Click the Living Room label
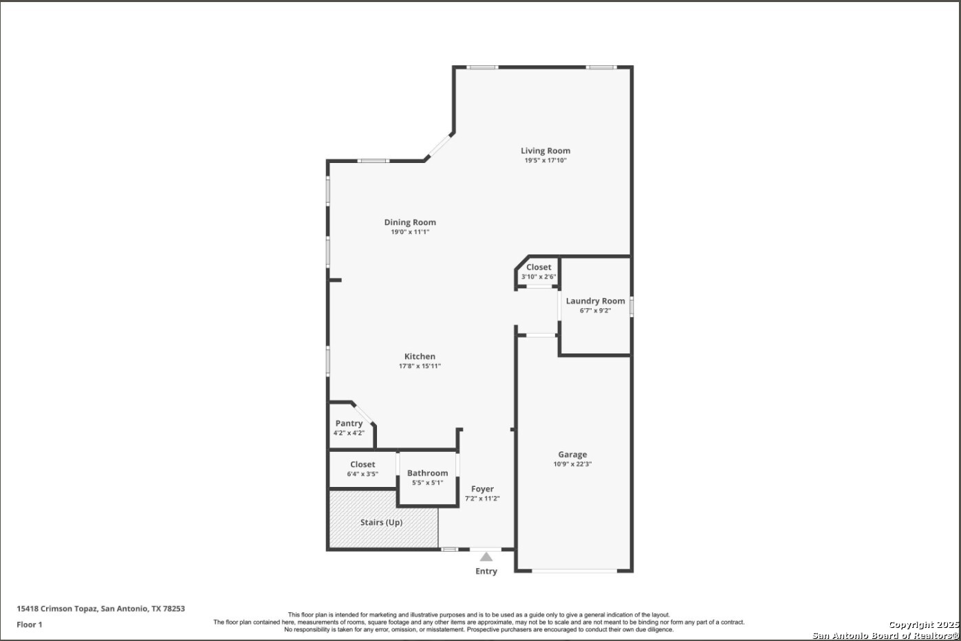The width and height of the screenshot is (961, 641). point(546,151)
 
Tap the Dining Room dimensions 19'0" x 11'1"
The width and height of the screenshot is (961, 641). point(410,232)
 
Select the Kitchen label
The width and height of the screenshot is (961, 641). point(420,356)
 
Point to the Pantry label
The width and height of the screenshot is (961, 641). point(349,423)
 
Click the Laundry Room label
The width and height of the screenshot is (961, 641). point(595,301)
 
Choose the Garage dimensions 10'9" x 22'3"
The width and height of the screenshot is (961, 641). point(572,464)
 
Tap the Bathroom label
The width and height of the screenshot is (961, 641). point(427,472)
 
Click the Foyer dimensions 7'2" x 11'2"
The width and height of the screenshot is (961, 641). point(482,499)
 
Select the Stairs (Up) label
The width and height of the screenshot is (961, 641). point(381,522)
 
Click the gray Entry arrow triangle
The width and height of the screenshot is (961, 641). point(486,557)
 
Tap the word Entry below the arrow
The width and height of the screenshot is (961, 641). point(486,571)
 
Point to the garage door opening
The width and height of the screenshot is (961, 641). point(574,571)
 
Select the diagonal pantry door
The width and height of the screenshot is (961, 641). point(363,413)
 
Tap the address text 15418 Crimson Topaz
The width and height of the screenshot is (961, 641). point(57,609)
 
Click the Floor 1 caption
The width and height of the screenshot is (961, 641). point(29,624)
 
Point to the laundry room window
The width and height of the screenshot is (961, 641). point(631,307)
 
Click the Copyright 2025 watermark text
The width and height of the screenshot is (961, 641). point(923,624)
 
